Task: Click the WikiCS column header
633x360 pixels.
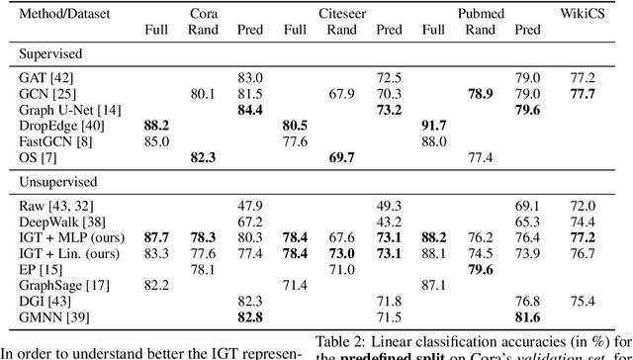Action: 584,15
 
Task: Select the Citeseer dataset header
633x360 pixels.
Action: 342,15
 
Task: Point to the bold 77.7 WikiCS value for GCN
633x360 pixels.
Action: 584,93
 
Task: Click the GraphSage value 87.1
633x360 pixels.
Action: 435,285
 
